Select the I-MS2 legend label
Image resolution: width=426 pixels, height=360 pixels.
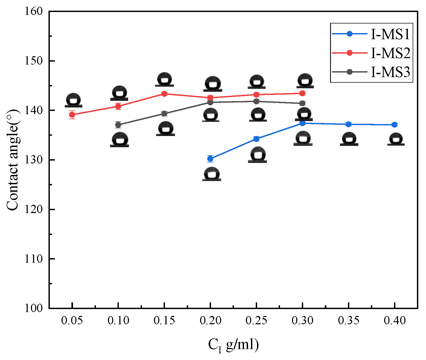pyautogui.click(x=390, y=53)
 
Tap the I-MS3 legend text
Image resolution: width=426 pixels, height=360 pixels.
pyautogui.click(x=390, y=72)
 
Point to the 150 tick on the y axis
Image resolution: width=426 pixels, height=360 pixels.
pyautogui.click(x=34, y=61)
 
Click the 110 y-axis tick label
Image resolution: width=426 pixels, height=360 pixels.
pyautogui.click(x=34, y=259)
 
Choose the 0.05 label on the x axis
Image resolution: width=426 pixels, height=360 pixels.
pyautogui.click(x=72, y=320)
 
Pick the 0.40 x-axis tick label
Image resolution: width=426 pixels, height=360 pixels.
pyautogui.click(x=395, y=320)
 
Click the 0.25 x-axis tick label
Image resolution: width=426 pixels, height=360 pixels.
pyautogui.click(x=256, y=320)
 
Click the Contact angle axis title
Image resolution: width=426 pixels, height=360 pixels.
pyautogui.click(x=13, y=160)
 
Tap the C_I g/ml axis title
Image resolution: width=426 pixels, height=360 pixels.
pyautogui.click(x=233, y=345)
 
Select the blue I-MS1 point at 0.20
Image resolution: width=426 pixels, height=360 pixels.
pyautogui.click(x=210, y=159)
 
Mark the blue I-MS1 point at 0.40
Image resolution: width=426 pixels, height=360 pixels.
pyautogui.click(x=395, y=125)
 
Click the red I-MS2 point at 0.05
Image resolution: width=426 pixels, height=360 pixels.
pyautogui.click(x=72, y=115)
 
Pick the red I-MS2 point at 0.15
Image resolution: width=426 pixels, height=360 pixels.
pyautogui.click(x=164, y=94)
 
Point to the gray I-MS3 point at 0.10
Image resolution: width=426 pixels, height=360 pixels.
pyautogui.click(x=118, y=125)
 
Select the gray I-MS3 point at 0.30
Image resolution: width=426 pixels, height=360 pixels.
pyautogui.click(x=302, y=103)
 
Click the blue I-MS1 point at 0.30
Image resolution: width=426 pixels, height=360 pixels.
pyautogui.click(x=302, y=123)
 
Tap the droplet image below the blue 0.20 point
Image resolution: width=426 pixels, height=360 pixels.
pyautogui.click(x=212, y=174)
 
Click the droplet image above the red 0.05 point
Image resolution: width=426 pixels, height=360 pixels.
pyautogui.click(x=73, y=101)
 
